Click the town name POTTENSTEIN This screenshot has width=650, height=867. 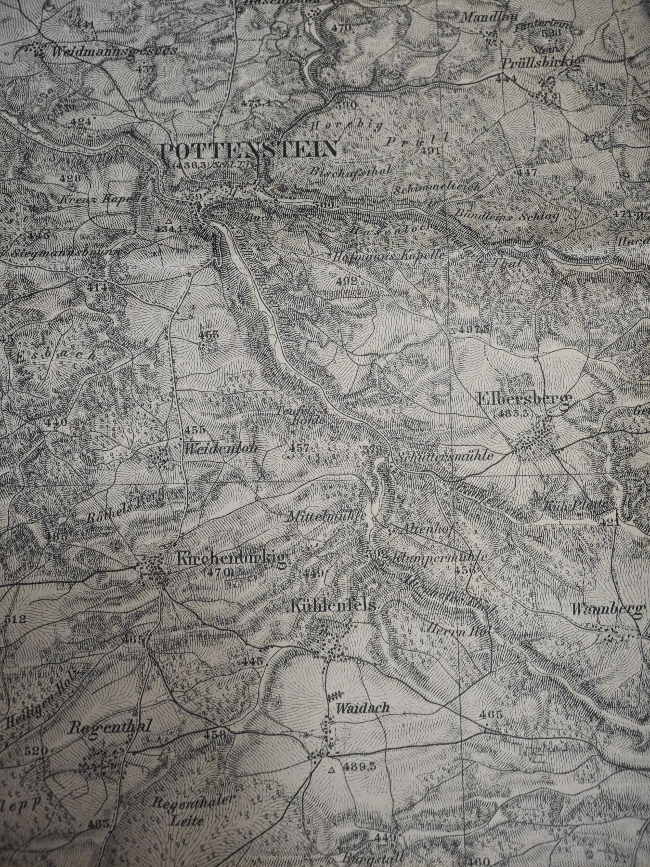(249, 150)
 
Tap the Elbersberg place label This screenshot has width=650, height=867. (523, 399)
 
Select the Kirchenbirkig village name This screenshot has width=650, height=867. (232, 559)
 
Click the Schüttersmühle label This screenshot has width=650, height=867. (446, 456)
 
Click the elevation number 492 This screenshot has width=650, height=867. (347, 281)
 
